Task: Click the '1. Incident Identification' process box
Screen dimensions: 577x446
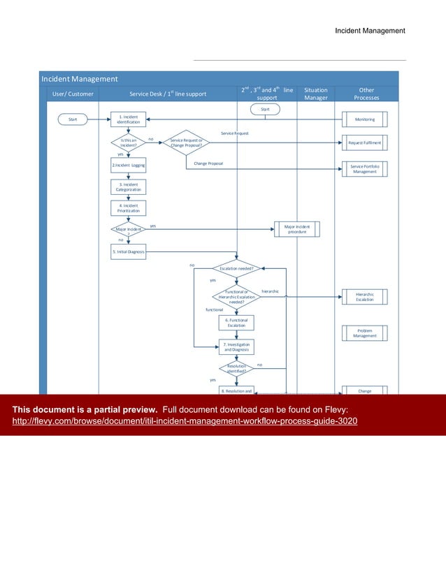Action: [x=128, y=119]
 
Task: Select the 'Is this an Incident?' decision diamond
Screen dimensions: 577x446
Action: [x=128, y=142]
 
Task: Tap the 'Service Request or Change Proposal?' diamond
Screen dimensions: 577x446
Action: [x=186, y=143]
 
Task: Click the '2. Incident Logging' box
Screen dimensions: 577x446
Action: [x=128, y=165]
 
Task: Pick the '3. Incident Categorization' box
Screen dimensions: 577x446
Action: [x=128, y=187]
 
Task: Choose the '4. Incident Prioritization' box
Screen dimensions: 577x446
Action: [x=128, y=208]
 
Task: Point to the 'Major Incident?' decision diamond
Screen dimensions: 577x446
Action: [x=128, y=230]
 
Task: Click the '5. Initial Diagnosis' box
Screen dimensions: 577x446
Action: [x=128, y=251]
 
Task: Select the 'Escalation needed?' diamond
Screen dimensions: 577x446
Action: [x=237, y=268]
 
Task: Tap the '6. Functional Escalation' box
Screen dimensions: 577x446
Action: [x=236, y=322]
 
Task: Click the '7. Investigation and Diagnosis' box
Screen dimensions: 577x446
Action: [x=236, y=346]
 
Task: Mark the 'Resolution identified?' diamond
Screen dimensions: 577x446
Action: [x=236, y=368]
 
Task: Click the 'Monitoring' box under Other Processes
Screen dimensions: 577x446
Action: [x=364, y=119]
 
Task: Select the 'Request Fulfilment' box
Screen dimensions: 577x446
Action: [x=364, y=143]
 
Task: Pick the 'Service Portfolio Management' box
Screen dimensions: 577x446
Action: [x=364, y=168]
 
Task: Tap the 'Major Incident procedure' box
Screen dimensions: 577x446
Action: [x=296, y=229]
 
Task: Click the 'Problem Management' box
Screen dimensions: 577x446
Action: [x=364, y=333]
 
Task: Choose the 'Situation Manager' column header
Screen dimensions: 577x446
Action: [x=316, y=94]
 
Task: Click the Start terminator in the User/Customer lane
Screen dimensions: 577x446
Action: [x=73, y=119]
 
